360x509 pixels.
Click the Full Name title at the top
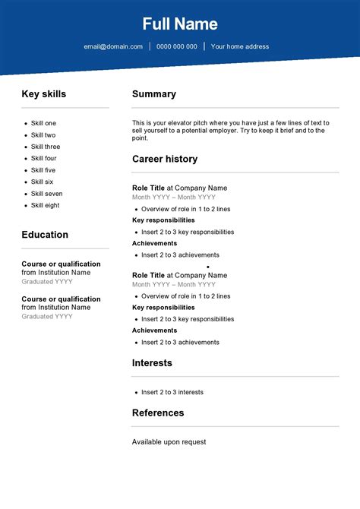[x=180, y=24]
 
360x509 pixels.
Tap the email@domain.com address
[x=113, y=46]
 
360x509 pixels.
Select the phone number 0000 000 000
[x=177, y=46]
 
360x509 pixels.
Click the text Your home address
[x=240, y=46]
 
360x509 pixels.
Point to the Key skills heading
[x=43, y=94]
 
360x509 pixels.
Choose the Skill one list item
[x=43, y=123]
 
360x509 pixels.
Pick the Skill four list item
[x=43, y=158]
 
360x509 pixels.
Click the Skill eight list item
[x=45, y=205]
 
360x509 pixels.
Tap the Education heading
[x=45, y=235]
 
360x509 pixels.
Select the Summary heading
[x=154, y=94]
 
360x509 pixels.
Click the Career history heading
[x=165, y=159]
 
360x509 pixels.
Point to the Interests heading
[x=152, y=363]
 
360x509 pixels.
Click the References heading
[x=158, y=413]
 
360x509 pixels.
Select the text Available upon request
[x=169, y=441]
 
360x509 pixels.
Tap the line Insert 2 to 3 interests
[x=172, y=392]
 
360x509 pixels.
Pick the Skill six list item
[x=42, y=182]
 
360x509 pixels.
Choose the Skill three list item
[x=46, y=147]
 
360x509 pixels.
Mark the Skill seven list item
[x=46, y=194]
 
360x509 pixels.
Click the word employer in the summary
[x=232, y=131]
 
